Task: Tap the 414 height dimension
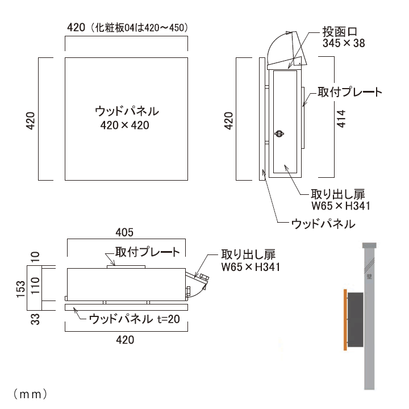[341, 119]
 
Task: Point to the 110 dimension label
[35, 284]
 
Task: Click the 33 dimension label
[35, 320]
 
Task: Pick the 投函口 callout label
[340, 31]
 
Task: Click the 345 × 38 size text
[343, 43]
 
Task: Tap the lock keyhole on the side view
[278, 134]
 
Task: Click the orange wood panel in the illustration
[344, 320]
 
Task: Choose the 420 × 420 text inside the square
[124, 126]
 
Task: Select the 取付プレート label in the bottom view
[147, 252]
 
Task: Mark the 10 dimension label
[35, 257]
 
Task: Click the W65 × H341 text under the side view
[340, 206]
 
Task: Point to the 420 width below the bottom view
[124, 340]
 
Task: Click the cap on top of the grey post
[370, 245]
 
